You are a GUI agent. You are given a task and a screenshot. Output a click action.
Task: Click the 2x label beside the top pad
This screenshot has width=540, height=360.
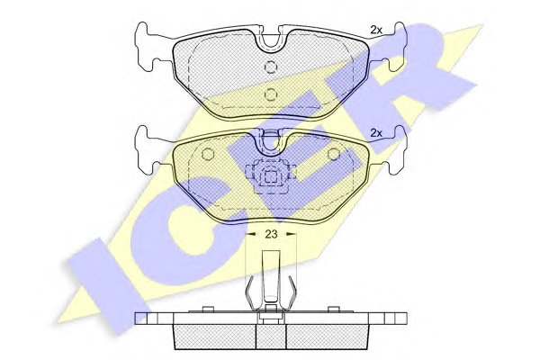click(376, 30)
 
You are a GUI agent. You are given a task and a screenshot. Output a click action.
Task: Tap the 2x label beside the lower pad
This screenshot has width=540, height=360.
click(376, 133)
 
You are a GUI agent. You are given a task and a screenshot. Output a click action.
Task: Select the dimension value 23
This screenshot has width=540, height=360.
click(271, 234)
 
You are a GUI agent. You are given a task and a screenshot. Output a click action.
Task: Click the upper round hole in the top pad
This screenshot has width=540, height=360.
click(271, 67)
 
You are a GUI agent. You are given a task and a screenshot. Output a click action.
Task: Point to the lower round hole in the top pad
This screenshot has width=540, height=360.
click(271, 94)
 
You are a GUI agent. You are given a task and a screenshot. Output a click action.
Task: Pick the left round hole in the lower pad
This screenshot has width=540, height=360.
click(207, 154)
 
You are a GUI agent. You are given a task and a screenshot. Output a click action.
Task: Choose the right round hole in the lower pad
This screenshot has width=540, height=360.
click(333, 154)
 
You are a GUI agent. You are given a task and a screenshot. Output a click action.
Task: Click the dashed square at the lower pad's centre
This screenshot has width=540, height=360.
click(271, 177)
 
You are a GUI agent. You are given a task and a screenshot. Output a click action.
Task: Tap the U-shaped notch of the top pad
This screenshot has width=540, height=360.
click(271, 42)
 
